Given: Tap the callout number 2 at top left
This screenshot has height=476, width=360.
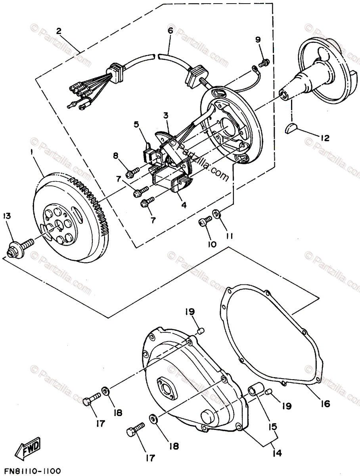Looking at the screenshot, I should [59, 31].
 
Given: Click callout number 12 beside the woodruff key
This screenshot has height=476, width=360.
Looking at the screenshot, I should [324, 139].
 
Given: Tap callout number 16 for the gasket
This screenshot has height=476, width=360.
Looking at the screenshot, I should [325, 404].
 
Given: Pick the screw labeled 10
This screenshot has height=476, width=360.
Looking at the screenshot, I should [205, 223].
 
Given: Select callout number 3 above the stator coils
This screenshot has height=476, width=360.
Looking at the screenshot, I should [165, 115].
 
